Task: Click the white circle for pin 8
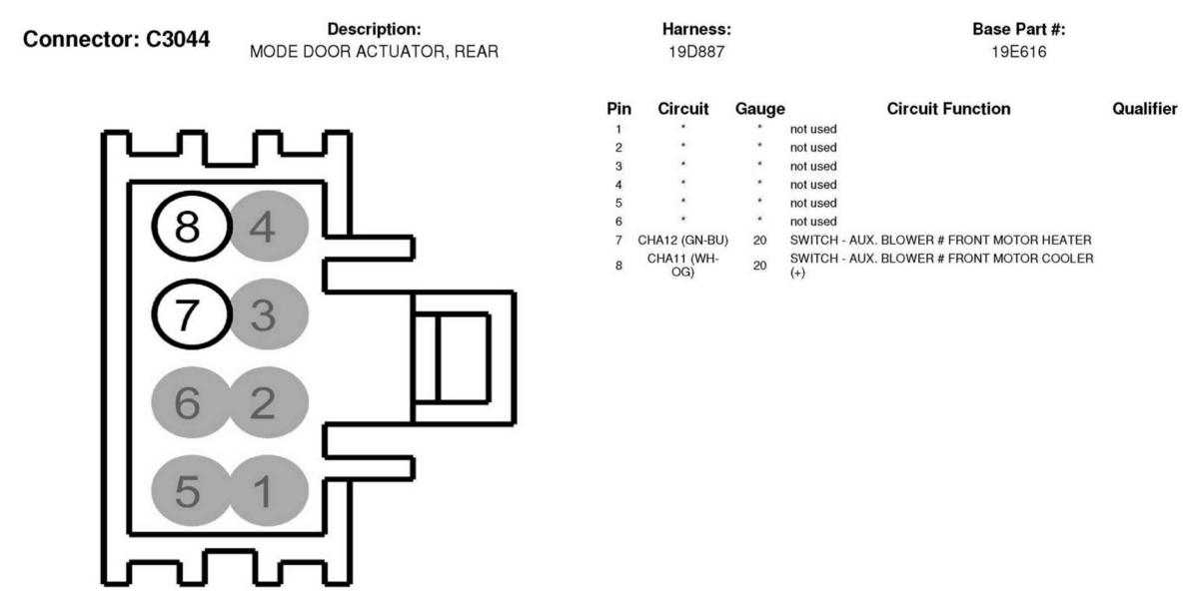tap(192, 227)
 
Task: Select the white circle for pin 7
tap(192, 314)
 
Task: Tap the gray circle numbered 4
tap(269, 227)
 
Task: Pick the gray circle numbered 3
tap(269, 314)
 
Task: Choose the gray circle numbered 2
tap(269, 402)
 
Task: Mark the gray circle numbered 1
tap(269, 490)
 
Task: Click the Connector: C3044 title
tap(116, 39)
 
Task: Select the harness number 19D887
tap(696, 52)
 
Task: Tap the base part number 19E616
tap(1018, 52)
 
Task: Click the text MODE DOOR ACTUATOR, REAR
tap(374, 52)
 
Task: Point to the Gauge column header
tap(760, 109)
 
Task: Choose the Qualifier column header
tap(1145, 109)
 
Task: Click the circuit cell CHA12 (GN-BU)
tap(683, 240)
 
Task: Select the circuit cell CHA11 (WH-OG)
tap(683, 266)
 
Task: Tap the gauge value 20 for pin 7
tap(760, 240)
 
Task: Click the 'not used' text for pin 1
tap(813, 129)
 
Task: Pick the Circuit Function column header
tap(948, 109)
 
